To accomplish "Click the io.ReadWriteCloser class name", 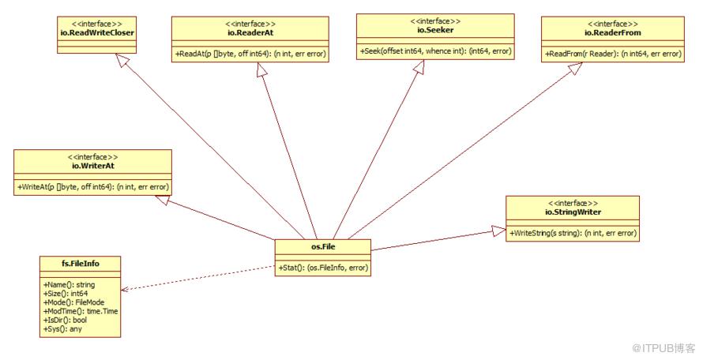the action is pos(97,32).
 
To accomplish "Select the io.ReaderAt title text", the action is pos(250,32).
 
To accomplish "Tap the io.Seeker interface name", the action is pos(435,30).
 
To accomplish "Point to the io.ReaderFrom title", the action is pos(612,32).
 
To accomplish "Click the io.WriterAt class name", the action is pos(92,166).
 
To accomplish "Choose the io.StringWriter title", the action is pos(573,212).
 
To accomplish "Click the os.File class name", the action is pos(323,246).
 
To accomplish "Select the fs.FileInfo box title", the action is pos(81,264).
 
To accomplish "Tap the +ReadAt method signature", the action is pos(250,54).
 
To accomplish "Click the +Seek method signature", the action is pos(435,51).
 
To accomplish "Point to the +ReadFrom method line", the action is pos(613,54).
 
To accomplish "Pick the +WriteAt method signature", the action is pos(92,187).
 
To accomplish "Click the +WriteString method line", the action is pos(573,233).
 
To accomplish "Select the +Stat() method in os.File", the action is pos(323,268).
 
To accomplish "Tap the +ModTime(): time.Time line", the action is pos(81,311).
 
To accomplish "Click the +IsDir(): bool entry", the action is pos(65,320).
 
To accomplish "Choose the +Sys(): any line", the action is pos(62,329).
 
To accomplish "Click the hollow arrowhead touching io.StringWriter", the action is pos(498,231).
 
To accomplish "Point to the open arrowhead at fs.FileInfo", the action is pos(125,289).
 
